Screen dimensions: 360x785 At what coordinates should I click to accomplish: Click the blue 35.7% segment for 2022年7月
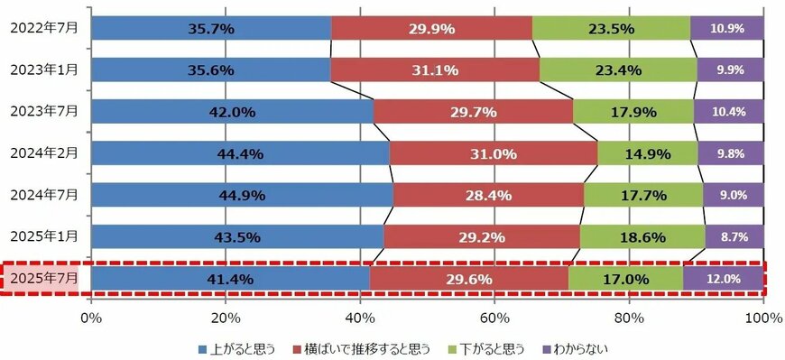(x=211, y=28)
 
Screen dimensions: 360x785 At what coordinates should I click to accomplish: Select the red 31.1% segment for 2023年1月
(x=435, y=69)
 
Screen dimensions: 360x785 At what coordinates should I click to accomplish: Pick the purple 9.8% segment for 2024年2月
(x=731, y=153)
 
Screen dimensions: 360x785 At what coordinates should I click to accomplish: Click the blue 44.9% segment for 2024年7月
(x=242, y=195)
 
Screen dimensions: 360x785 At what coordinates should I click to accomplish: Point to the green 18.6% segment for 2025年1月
(x=642, y=236)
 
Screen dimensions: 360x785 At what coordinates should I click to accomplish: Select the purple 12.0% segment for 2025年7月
(x=724, y=279)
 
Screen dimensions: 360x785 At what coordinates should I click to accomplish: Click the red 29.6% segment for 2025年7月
(x=469, y=279)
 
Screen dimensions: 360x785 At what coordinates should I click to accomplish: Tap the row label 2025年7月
(x=44, y=279)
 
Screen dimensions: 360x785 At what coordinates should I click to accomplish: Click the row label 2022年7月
(x=44, y=28)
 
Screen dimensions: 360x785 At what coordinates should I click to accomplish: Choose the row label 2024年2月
(x=44, y=153)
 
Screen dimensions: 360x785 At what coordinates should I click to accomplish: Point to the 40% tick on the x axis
(x=360, y=317)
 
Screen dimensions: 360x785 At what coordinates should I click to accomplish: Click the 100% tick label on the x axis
(x=763, y=317)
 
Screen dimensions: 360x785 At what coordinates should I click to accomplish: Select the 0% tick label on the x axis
(x=91, y=317)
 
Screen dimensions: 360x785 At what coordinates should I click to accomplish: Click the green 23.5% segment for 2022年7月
(x=611, y=28)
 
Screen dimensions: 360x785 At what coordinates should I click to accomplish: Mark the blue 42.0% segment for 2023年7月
(x=232, y=111)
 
